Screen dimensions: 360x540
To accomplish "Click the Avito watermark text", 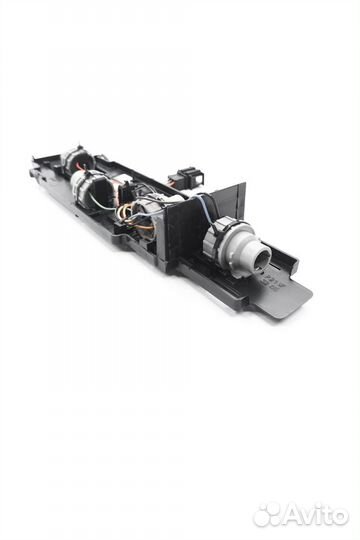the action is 316,516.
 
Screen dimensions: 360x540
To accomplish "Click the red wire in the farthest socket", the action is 82,167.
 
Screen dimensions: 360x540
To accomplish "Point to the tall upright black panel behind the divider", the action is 229,200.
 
